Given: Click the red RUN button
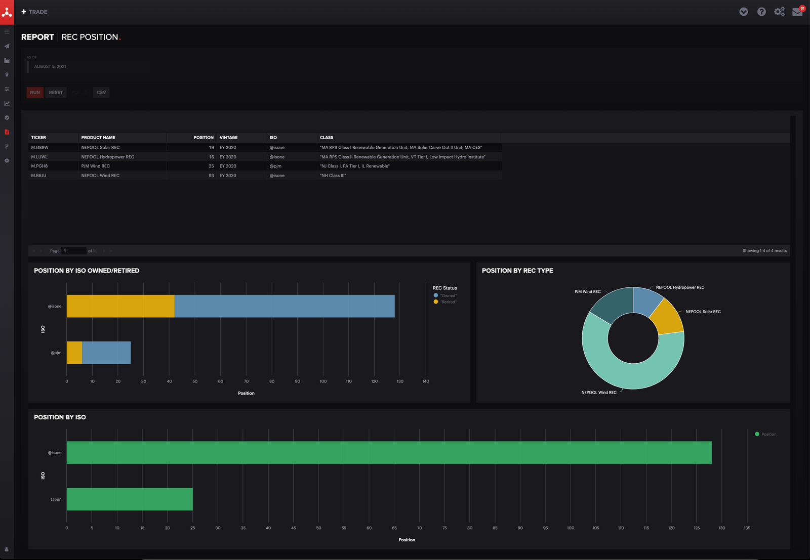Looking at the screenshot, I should [35, 93].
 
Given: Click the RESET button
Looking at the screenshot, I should [56, 93].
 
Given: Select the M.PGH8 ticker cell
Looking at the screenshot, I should [39, 166].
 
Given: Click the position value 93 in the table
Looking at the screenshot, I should [211, 176].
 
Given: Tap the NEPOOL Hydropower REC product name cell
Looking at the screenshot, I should [108, 157].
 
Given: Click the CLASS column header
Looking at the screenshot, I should [327, 138].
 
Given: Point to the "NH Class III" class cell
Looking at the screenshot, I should [333, 176].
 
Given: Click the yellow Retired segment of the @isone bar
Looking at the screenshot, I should [120, 306].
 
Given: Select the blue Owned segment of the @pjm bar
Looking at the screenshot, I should [106, 353].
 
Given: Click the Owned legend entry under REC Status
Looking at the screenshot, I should [448, 295].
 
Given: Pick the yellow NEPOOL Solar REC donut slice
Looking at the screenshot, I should [668, 318].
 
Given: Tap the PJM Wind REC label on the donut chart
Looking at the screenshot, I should [587, 292].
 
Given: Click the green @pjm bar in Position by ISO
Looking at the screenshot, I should [130, 499].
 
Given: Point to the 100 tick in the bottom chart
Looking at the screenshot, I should [571, 528].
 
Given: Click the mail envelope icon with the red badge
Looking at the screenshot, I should [797, 12].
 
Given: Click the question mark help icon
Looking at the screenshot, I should [761, 12].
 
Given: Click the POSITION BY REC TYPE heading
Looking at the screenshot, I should [517, 271].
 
